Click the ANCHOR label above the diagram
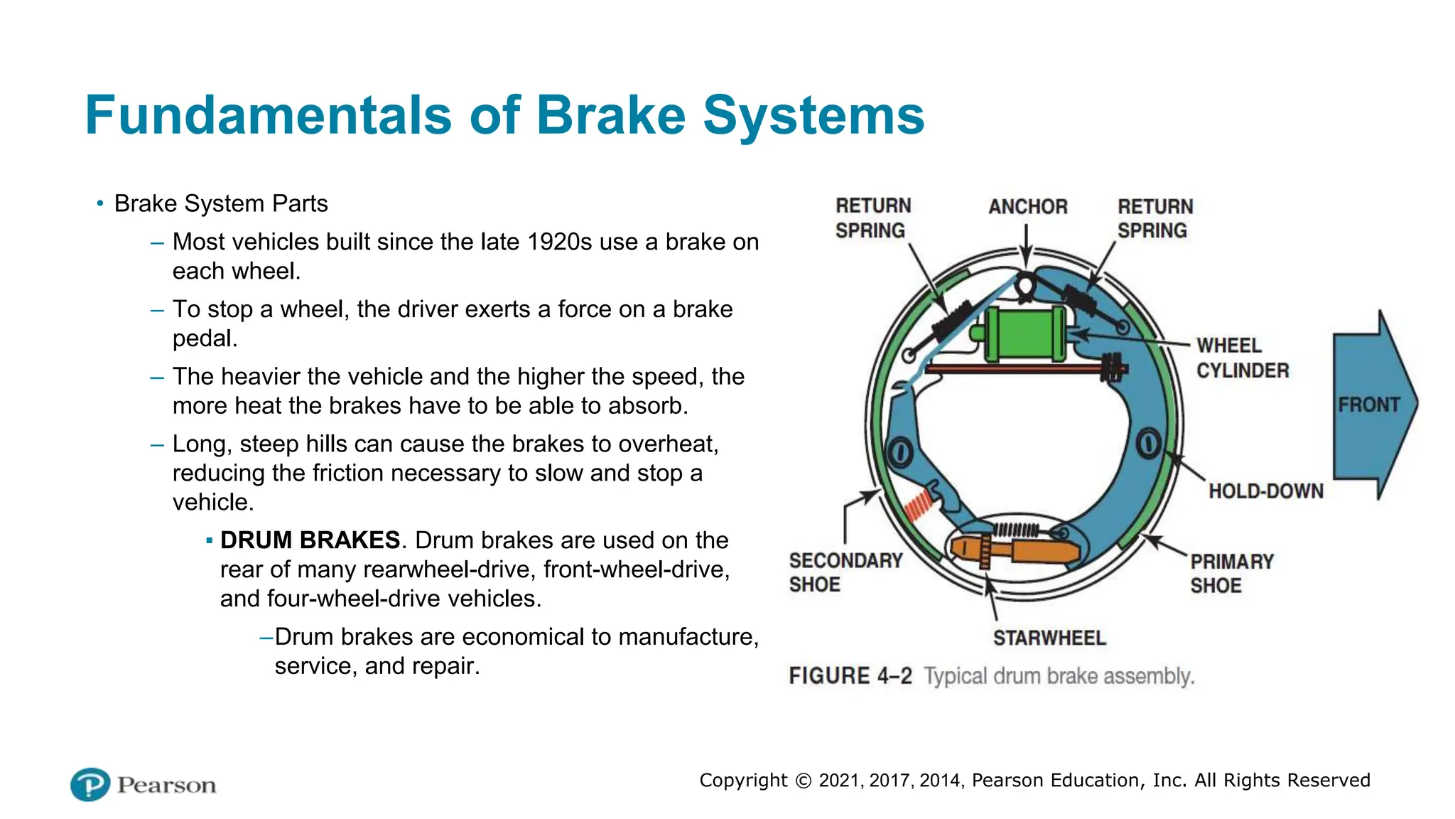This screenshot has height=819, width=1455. (x=1028, y=207)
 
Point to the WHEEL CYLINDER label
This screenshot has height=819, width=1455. (x=1242, y=358)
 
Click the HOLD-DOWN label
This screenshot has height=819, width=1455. (x=1266, y=491)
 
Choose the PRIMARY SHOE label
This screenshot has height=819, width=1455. (x=1232, y=573)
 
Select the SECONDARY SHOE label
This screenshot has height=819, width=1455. (x=845, y=572)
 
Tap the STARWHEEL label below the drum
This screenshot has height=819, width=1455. (x=1049, y=638)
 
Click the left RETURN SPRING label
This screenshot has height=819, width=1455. (x=872, y=218)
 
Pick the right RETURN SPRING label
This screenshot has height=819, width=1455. (x=1154, y=218)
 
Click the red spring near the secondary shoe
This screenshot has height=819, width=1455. (x=918, y=507)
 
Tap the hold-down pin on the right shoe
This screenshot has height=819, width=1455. (x=1148, y=444)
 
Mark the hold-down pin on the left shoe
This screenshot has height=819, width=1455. (x=900, y=452)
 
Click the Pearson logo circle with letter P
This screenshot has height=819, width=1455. (x=90, y=784)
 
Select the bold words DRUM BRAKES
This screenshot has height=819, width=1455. (x=310, y=540)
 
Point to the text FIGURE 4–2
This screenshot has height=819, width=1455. (x=850, y=675)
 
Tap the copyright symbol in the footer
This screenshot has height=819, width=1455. (x=804, y=781)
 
